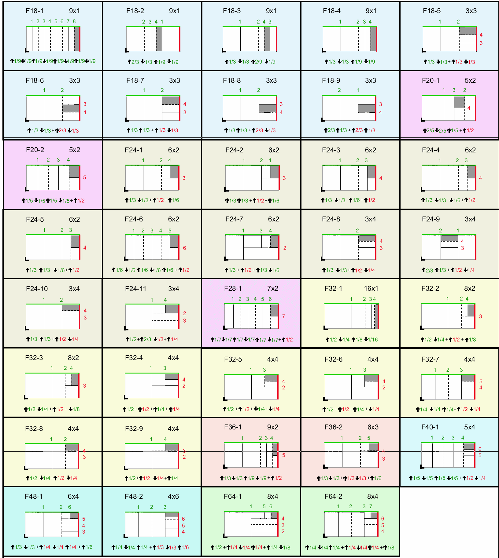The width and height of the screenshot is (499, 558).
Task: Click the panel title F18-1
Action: coord(35,11)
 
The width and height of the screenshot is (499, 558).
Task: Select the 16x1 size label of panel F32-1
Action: coord(371,289)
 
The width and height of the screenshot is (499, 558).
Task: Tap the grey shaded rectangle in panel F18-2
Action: coord(159,39)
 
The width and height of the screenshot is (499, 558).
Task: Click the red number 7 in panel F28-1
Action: coord(283,316)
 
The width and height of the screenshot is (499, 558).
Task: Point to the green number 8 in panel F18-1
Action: coord(74,21)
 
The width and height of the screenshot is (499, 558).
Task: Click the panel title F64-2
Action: coord(333,497)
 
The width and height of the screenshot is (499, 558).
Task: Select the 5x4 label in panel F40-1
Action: coord(469,427)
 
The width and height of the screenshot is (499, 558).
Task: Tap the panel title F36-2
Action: coord(333,427)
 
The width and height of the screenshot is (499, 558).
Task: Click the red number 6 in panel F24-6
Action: coord(184,248)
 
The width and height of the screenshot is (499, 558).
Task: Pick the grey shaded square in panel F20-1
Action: coord(459,102)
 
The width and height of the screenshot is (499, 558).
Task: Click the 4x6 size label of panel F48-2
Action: coord(173,497)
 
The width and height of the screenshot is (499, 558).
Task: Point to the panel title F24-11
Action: coord(135,289)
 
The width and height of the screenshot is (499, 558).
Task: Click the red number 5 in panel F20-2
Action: coord(84,177)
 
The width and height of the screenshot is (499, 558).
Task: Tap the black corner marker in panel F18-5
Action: coord(423,50)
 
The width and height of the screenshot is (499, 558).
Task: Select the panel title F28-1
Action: coord(233,289)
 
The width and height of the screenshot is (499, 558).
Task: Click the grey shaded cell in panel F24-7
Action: coord(274,241)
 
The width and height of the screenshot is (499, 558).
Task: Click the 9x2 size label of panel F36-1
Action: coord(272,427)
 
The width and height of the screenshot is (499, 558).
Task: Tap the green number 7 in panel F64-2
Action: coord(371,506)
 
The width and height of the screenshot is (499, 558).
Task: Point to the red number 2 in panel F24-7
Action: coord(285,248)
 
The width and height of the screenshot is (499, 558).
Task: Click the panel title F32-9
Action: coord(134,429)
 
